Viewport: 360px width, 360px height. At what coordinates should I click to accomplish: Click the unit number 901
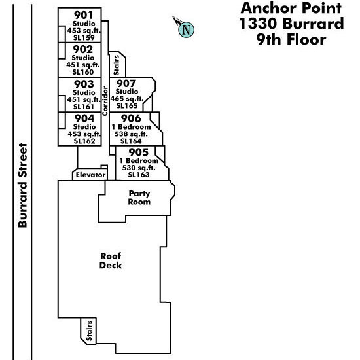[x=83, y=16]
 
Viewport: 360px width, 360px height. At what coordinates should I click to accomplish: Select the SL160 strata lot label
[x=83, y=72]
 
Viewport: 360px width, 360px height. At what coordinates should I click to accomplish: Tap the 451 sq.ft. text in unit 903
[x=84, y=99]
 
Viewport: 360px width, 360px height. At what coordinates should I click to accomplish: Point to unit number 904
[x=84, y=118]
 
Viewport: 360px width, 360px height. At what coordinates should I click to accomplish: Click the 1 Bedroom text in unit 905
[x=139, y=160]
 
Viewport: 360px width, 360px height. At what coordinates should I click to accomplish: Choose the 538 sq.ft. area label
[x=131, y=134]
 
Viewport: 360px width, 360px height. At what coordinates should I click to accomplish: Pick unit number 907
[x=126, y=84]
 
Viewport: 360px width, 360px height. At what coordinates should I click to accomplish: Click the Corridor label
[x=105, y=101]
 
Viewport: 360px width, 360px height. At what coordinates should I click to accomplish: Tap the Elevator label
[x=91, y=175]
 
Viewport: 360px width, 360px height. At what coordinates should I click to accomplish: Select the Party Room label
[x=139, y=198]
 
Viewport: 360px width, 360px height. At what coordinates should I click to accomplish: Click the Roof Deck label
[x=111, y=261]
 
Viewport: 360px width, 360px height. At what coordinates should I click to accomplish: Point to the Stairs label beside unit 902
[x=117, y=65]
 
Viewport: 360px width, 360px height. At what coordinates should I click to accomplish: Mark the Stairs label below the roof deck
[x=89, y=331]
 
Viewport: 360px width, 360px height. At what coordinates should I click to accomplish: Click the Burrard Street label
[x=23, y=185]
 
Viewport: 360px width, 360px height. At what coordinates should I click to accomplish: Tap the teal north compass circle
[x=186, y=29]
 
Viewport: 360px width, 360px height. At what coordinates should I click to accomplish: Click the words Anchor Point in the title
[x=291, y=8]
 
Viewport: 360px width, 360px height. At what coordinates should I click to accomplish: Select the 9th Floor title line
[x=291, y=39]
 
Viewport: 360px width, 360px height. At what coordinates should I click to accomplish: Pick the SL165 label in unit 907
[x=127, y=106]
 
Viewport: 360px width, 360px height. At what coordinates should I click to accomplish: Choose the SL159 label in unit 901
[x=84, y=38]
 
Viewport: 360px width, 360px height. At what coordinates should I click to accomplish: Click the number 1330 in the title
[x=259, y=24]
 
